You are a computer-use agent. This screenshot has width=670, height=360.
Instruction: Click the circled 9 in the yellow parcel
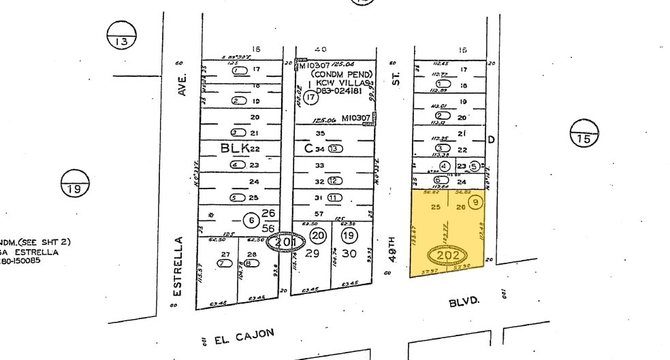point(476,202)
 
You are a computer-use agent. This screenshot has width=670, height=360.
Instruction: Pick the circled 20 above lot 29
point(318,235)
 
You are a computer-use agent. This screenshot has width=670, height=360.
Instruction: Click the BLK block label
point(230,148)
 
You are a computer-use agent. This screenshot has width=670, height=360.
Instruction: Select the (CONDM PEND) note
point(341,73)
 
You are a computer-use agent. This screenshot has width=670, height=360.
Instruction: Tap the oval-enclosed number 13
point(335,148)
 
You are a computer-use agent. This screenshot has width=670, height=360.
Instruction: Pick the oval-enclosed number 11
point(334,197)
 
